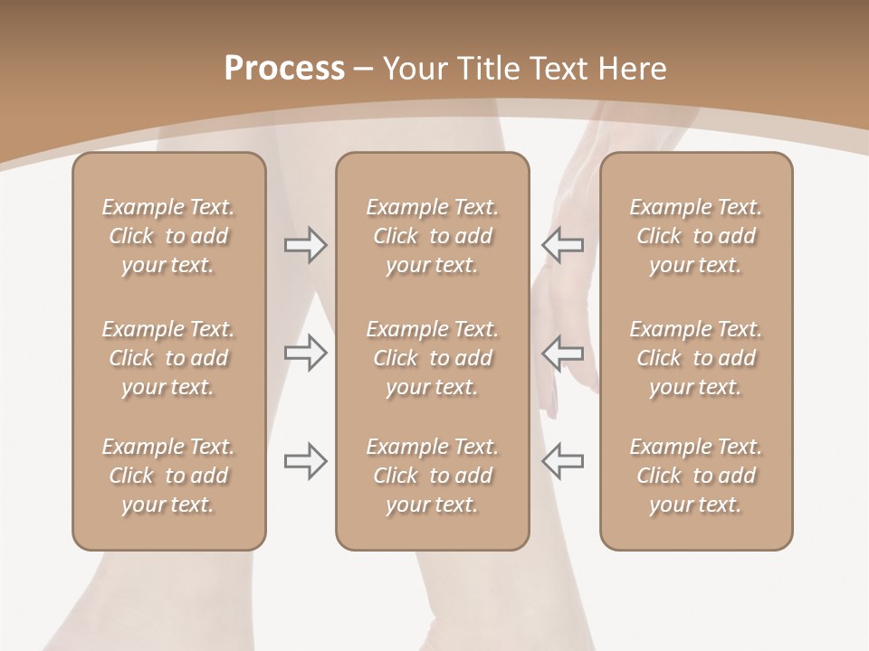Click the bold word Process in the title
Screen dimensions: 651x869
tap(284, 69)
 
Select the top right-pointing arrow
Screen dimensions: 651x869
tap(305, 245)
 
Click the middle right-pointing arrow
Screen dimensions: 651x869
tap(305, 353)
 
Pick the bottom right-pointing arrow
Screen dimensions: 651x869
tap(305, 461)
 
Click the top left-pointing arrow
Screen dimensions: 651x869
tap(562, 245)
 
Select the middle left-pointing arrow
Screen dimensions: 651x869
tap(562, 353)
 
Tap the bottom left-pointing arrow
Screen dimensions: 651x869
tap(562, 461)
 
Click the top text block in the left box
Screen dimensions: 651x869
tap(168, 236)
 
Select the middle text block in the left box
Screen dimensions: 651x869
tap(168, 358)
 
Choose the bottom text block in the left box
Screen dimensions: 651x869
tap(168, 476)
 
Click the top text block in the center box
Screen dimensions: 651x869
tap(432, 236)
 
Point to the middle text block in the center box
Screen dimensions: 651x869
tap(432, 358)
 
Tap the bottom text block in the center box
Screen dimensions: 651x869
tap(432, 476)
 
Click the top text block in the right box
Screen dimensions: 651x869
tap(695, 236)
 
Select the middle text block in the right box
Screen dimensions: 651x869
tap(695, 358)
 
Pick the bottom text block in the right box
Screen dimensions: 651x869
tap(695, 476)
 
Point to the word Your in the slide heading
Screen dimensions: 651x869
tap(413, 69)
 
